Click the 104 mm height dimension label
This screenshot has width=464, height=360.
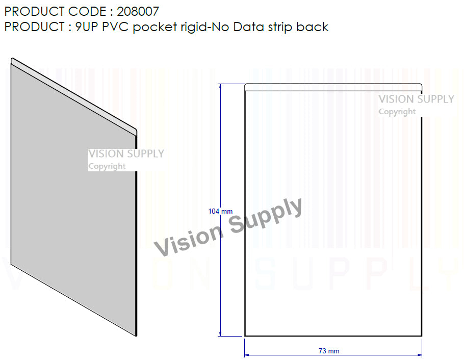pos(220,211)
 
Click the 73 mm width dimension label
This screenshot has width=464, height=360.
pos(329,351)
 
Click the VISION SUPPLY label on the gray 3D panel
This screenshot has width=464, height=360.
pos(126,153)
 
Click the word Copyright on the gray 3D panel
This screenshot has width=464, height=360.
pos(107,166)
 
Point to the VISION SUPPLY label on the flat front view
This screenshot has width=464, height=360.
pos(416,99)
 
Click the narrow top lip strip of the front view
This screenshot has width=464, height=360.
pos(333,87)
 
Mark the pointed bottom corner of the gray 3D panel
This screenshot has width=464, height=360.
pos(136,336)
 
